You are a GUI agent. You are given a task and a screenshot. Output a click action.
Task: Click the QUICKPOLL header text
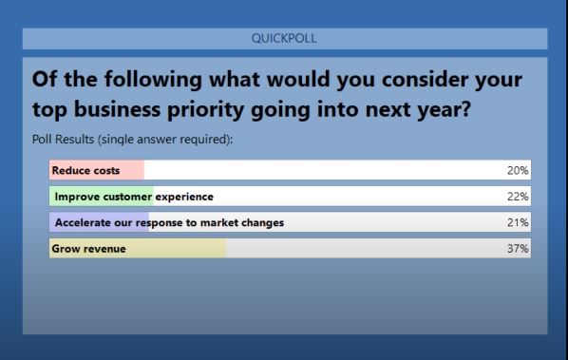tap(285, 38)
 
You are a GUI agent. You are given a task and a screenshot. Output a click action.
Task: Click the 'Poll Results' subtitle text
tap(66, 140)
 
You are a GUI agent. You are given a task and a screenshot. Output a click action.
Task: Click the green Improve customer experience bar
tap(101, 197)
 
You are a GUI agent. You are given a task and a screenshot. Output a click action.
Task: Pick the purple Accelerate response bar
tap(95, 223)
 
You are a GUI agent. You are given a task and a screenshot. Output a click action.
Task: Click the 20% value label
tap(519, 171)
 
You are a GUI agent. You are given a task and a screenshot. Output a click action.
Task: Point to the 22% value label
tap(519, 197)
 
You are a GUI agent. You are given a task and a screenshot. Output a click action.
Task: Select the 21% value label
tap(519, 223)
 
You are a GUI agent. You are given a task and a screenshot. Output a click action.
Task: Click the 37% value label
tap(519, 249)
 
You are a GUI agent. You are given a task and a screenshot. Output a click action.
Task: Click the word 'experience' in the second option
tap(184, 197)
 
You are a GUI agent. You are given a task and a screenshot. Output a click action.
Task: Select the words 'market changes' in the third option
tap(248, 223)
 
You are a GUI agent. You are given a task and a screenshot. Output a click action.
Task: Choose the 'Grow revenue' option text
tap(88, 249)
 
